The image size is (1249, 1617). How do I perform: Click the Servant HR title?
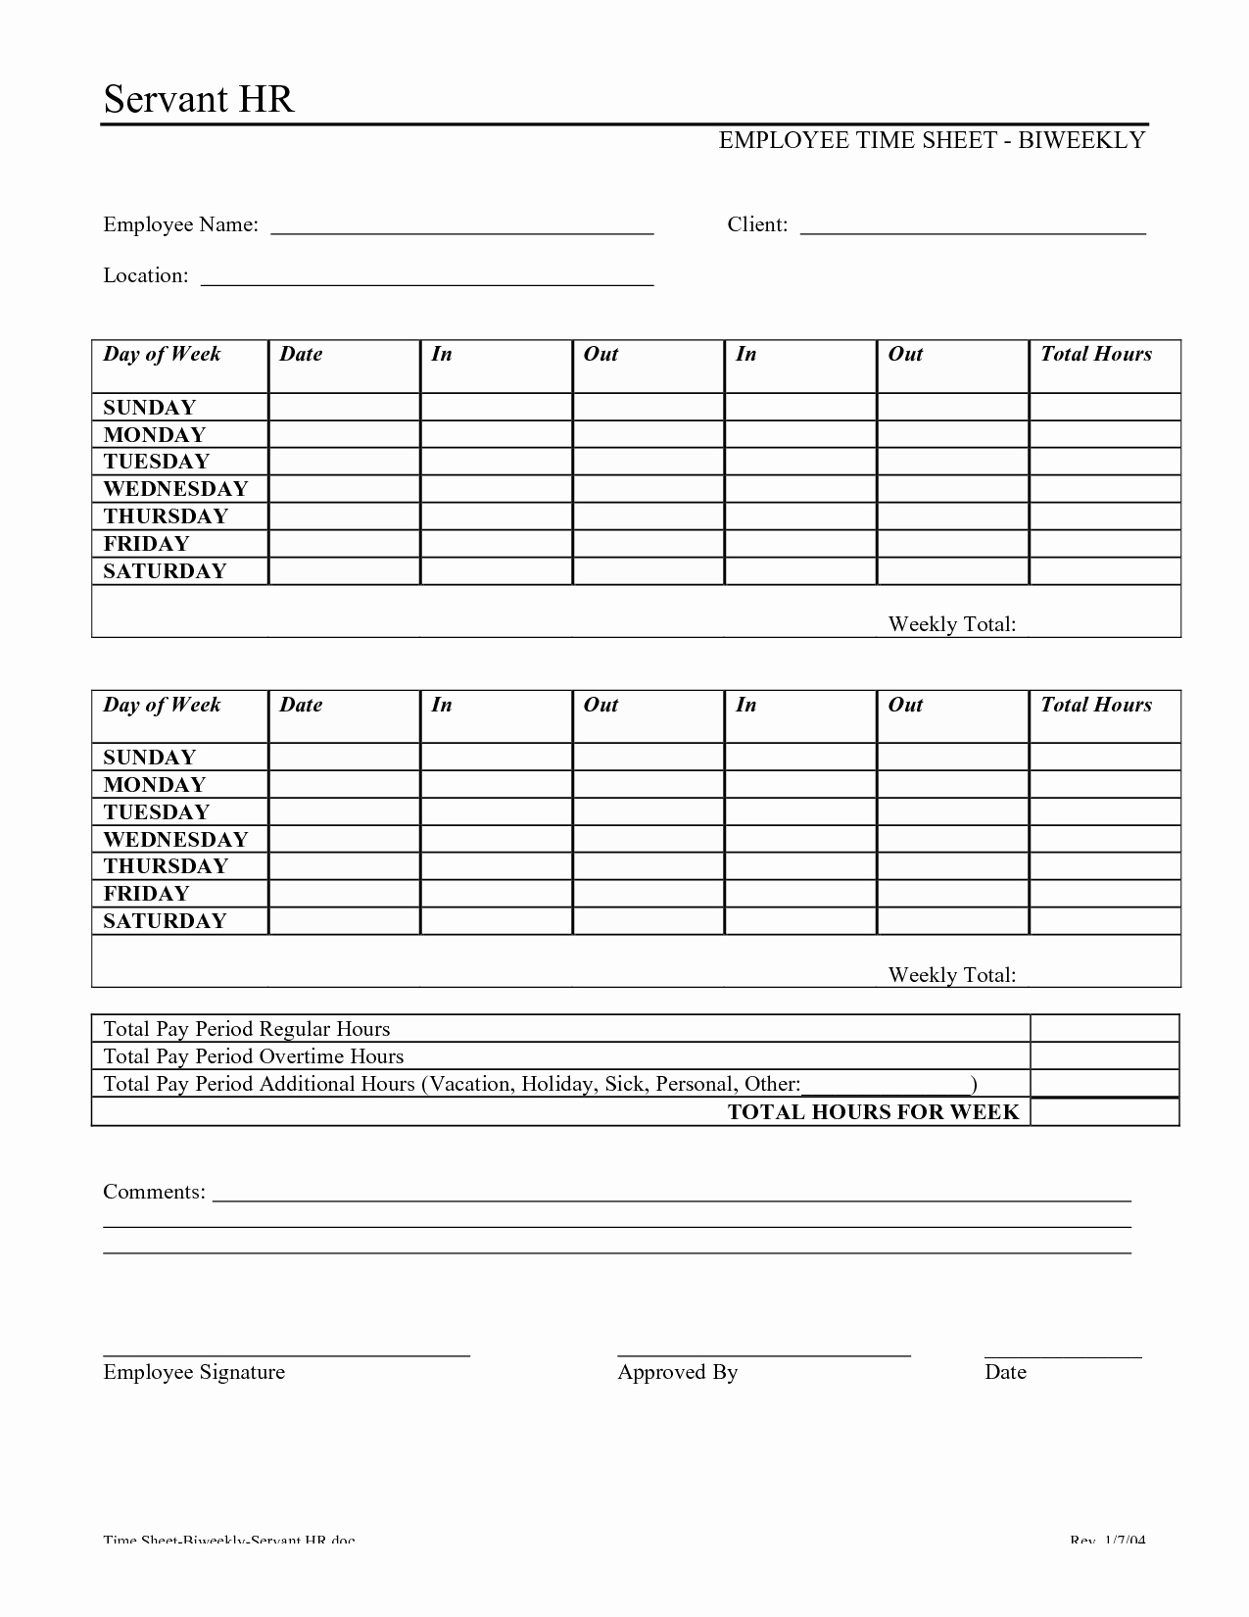(199, 100)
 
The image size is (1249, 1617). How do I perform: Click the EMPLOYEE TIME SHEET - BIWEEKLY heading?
(932, 140)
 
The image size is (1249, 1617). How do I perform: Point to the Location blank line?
(427, 278)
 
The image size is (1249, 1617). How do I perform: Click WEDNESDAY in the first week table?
(176, 489)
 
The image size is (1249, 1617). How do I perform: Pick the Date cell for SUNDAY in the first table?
(344, 407)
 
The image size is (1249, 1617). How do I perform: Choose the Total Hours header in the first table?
(1096, 355)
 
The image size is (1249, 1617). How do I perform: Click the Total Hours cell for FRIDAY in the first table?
(1104, 544)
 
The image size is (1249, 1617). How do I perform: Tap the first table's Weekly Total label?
(951, 624)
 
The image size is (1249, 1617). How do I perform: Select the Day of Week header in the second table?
(163, 705)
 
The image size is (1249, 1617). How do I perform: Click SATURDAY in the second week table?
(166, 921)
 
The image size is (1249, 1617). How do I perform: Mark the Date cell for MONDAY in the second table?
(344, 785)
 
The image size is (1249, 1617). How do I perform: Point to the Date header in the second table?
(301, 705)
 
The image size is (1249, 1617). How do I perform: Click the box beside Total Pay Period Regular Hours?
(1104, 1029)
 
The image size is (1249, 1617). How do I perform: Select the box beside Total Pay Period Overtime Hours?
(1104, 1056)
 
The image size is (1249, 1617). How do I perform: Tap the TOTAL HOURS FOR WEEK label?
(873, 1112)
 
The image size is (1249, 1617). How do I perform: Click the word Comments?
(154, 1193)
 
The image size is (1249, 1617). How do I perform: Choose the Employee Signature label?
(194, 1372)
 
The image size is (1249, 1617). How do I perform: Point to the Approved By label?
(677, 1372)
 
